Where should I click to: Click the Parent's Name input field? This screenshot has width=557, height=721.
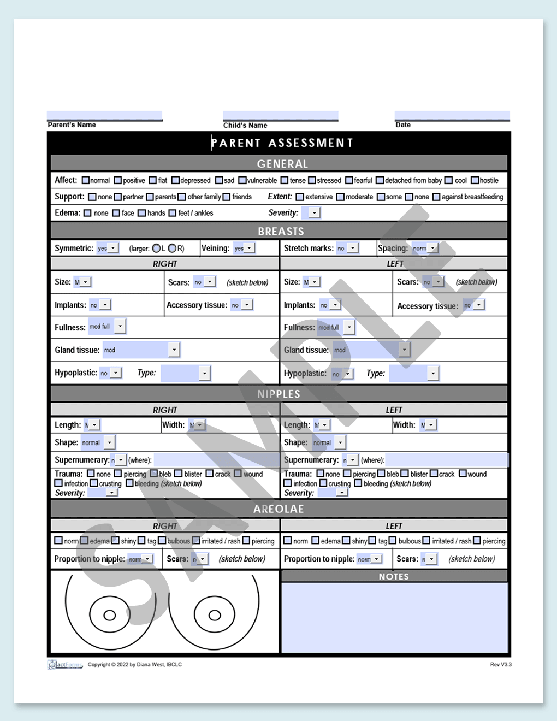tap(104, 115)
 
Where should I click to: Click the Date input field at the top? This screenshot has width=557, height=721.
tap(452, 115)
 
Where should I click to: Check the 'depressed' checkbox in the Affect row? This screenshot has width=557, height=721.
tap(175, 180)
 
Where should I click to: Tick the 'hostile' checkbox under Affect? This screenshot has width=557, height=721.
tap(475, 180)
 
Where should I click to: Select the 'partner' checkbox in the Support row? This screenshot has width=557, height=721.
tap(118, 197)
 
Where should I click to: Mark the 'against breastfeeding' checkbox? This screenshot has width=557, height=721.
tap(436, 197)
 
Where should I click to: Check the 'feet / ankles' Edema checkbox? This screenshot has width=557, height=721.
tap(173, 213)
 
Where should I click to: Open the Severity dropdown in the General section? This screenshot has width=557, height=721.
tap(314, 212)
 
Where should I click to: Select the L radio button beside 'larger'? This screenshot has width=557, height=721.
tap(156, 249)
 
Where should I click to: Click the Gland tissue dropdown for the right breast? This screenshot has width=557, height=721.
tap(174, 350)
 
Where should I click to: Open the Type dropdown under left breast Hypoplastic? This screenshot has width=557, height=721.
tap(432, 373)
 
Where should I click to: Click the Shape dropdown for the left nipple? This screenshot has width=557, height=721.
tap(340, 442)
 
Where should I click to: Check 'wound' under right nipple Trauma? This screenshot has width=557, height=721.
tap(238, 474)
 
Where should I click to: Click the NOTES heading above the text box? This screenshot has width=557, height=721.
tap(394, 576)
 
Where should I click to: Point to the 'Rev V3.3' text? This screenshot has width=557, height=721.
tap(500, 665)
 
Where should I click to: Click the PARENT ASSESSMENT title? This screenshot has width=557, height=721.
tap(282, 143)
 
